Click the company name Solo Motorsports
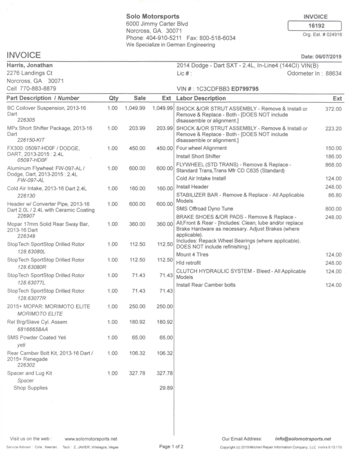pyautogui.click(x=152, y=17)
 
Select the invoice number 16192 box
pyautogui.click(x=316, y=26)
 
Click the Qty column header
pyautogui.click(x=113, y=98)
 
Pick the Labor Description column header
pyautogui.click(x=201, y=98)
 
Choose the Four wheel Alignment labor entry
pyautogui.click(x=201, y=148)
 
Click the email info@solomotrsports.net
pyautogui.click(x=302, y=439)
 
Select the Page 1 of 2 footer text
pyautogui.click(x=171, y=447)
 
